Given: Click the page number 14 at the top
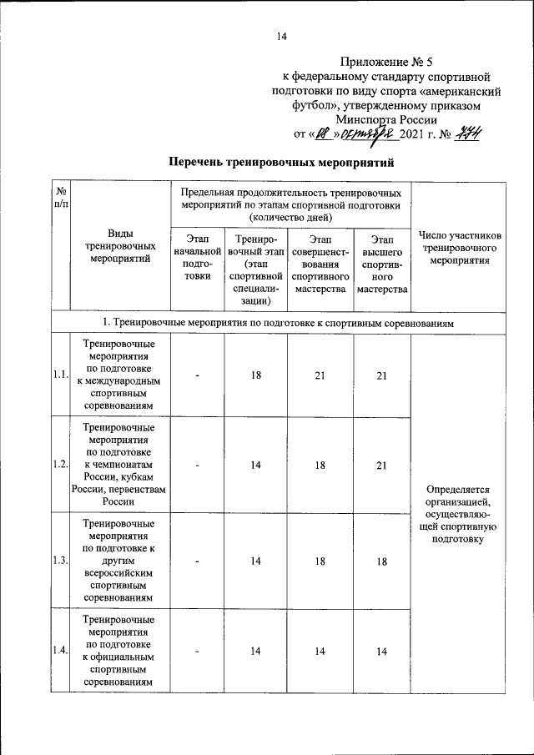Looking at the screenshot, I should tap(281, 36).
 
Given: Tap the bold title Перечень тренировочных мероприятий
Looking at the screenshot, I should tap(280, 161).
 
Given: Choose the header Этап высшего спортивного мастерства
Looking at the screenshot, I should tap(382, 264).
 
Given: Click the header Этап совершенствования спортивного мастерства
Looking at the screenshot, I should tap(321, 264).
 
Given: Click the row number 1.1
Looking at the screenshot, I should tap(59, 375).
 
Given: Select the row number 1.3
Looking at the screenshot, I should tap(59, 561).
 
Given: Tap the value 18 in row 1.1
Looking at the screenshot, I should tap(256, 375).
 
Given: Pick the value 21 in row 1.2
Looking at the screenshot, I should tap(382, 466).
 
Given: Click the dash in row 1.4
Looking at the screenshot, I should tap(198, 651).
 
